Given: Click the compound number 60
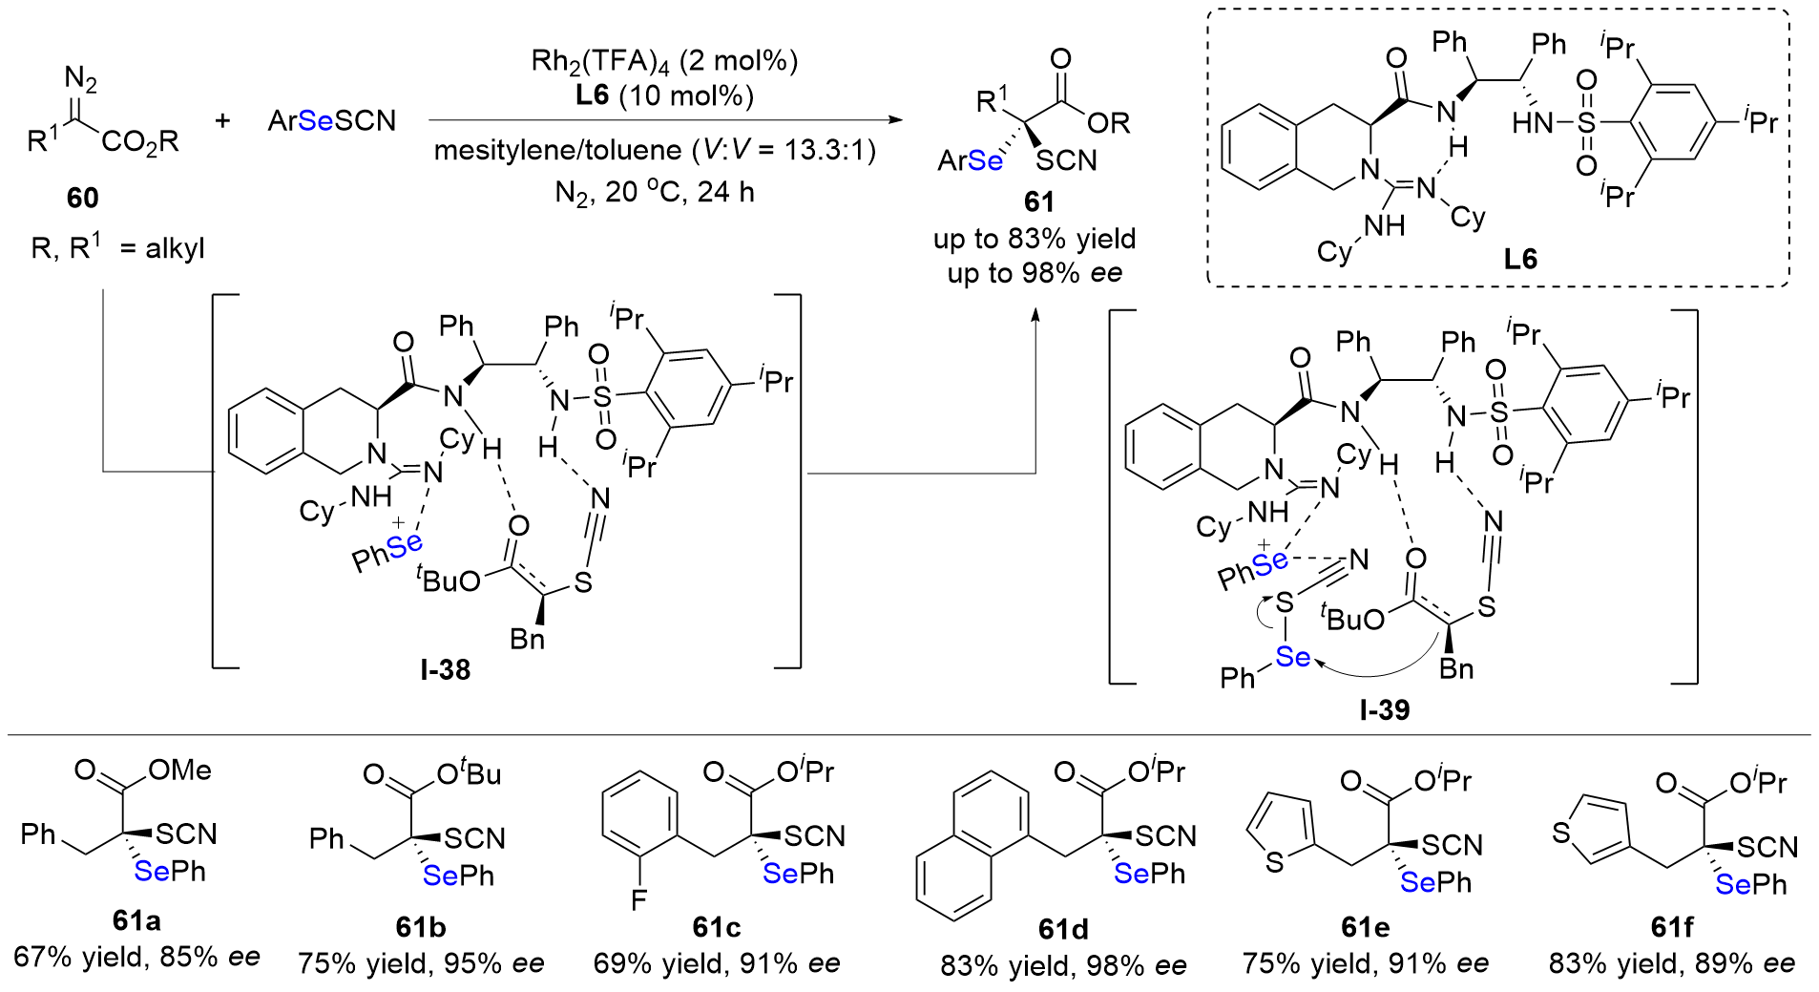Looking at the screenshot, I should click(x=82, y=198).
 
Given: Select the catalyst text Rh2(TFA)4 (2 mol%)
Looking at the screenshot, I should click(x=663, y=61).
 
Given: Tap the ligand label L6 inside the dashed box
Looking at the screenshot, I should click(x=1520, y=259).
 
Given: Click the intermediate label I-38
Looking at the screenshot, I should click(x=445, y=669).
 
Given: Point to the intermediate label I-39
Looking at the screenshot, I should click(x=1384, y=709).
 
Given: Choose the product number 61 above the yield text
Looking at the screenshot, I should click(x=1039, y=201).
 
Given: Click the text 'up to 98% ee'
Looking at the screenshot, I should click(x=1035, y=274).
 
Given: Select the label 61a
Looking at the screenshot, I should click(x=136, y=920).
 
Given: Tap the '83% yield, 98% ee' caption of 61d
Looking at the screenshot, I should click(x=1063, y=966).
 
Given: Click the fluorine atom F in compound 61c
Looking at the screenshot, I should click(x=638, y=898).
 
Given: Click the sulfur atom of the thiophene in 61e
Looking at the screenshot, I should click(x=1274, y=864).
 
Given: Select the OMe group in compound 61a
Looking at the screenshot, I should click(x=180, y=770).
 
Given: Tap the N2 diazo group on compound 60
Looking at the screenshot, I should click(x=81, y=80).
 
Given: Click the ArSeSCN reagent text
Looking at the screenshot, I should click(x=332, y=121).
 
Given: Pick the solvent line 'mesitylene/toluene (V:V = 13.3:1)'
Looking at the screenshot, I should click(x=655, y=151).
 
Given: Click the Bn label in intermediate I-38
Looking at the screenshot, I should click(x=527, y=639).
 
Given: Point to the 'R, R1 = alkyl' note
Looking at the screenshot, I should click(x=118, y=249).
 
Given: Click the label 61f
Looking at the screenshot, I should click(x=1672, y=927).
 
